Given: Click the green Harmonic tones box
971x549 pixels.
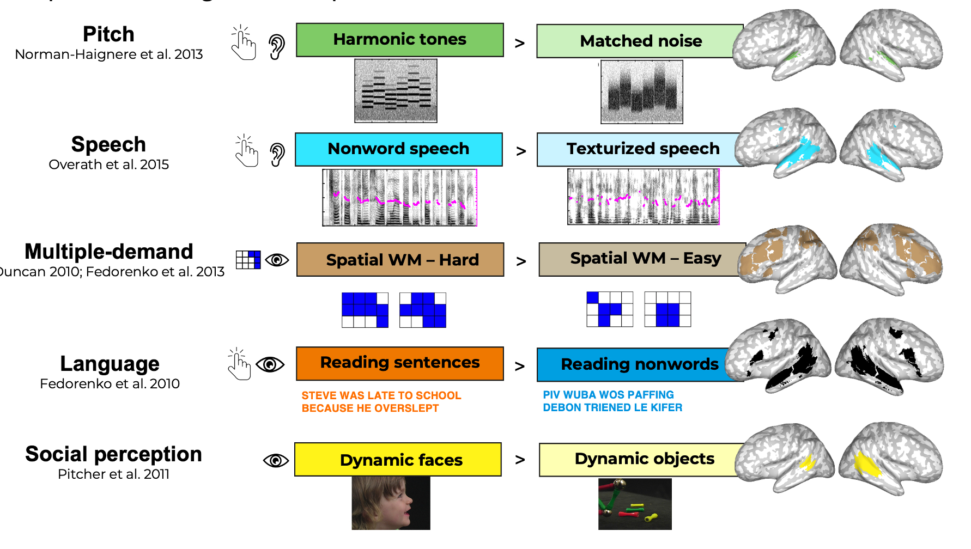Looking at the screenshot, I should click(x=399, y=40).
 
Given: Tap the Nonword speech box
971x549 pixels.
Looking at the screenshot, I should click(x=398, y=149).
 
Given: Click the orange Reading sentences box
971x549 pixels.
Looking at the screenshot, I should click(x=399, y=363).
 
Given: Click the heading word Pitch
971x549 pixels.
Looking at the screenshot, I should click(x=108, y=34).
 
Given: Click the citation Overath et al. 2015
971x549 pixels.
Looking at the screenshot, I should click(x=108, y=164).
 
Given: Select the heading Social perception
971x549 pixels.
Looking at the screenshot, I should click(x=113, y=454).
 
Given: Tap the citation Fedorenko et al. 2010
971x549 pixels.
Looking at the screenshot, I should click(x=110, y=384).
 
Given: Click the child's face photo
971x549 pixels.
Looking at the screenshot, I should click(x=391, y=503).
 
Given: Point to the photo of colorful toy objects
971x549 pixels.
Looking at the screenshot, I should click(x=635, y=504).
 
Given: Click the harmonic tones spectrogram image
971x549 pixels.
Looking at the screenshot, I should click(x=396, y=90).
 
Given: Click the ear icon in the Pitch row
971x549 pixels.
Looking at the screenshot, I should click(x=277, y=47).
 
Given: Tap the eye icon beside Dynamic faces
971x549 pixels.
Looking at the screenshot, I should click(x=276, y=461).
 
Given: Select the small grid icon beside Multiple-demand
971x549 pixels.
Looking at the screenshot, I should click(x=248, y=260).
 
